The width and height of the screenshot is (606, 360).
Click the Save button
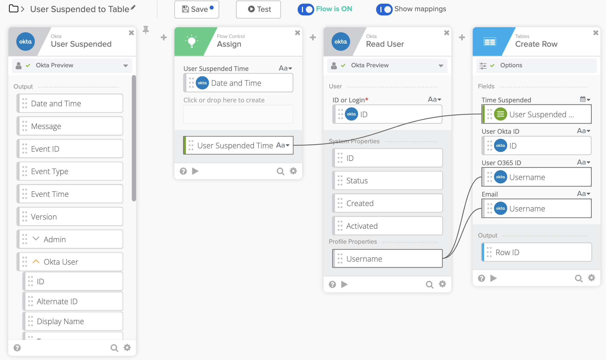[x=196, y=9]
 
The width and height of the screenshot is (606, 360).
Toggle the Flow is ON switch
[x=306, y=9]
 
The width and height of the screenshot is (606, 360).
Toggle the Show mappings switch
[x=384, y=9]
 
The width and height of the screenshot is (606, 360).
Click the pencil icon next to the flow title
[x=133, y=8]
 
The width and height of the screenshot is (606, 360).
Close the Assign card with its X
[x=297, y=33]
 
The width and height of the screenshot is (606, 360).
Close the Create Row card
[x=596, y=33]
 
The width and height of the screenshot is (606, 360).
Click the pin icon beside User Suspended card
[x=146, y=30]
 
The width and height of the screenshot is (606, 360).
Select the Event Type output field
[x=70, y=171]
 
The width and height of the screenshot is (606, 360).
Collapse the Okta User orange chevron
[x=36, y=262]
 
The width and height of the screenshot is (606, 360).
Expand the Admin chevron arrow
[x=36, y=239]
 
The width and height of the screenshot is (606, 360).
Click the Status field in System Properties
[x=387, y=181]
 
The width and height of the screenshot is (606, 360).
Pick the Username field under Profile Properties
[x=387, y=259]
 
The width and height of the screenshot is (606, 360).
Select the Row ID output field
[x=536, y=252]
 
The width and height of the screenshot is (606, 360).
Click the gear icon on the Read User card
[x=442, y=284]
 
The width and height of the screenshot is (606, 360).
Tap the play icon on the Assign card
[x=195, y=171]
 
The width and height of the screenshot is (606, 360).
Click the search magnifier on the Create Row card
[x=578, y=278]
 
